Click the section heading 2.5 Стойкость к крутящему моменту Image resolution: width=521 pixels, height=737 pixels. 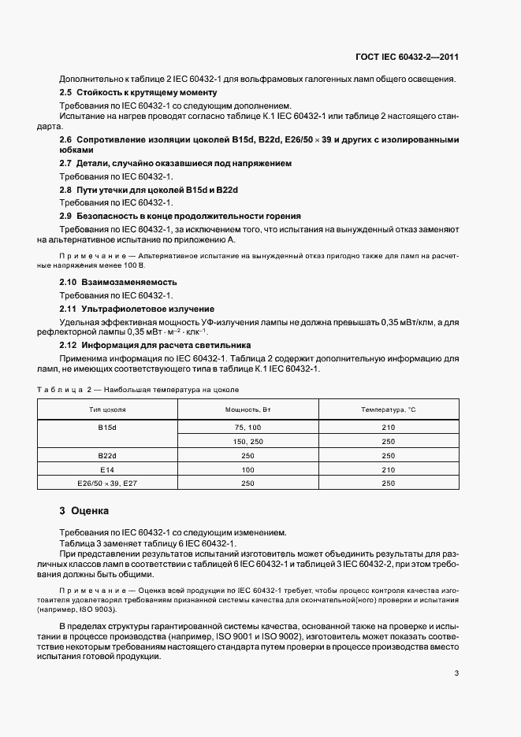click(x=126, y=93)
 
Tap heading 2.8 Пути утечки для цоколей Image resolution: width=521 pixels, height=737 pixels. click(x=138, y=190)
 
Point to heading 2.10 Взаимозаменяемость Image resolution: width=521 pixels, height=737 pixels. click(x=118, y=282)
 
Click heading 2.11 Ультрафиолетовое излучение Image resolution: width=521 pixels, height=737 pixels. click(x=137, y=309)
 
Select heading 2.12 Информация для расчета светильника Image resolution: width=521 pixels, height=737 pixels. click(x=155, y=345)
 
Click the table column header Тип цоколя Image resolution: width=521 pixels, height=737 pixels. click(x=107, y=409)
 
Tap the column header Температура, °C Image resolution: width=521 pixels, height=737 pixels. click(x=388, y=409)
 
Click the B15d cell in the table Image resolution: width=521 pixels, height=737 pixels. click(x=107, y=427)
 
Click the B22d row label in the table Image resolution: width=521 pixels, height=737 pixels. click(x=107, y=456)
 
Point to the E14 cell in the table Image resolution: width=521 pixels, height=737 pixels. click(x=107, y=470)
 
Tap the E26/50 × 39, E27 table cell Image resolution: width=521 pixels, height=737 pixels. click(x=107, y=483)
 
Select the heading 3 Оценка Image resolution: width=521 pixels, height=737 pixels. click(x=86, y=510)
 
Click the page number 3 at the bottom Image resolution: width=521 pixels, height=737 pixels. click(x=457, y=672)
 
